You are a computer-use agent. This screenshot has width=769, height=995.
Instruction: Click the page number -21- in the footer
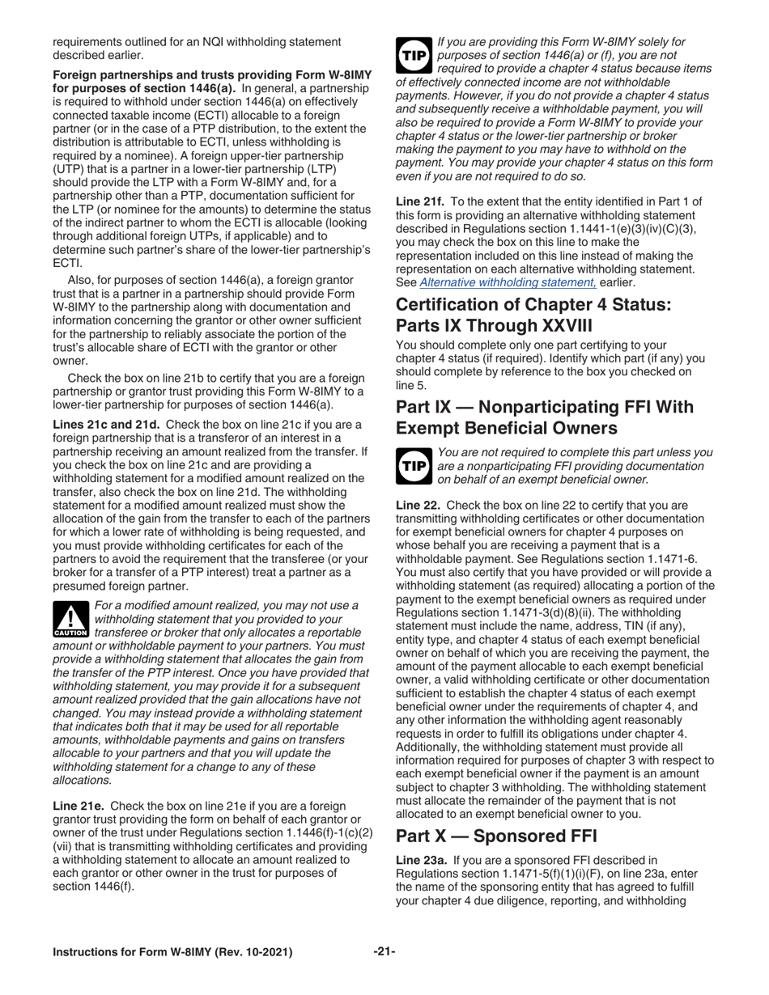384,952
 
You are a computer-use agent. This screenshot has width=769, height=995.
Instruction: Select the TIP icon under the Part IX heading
413,465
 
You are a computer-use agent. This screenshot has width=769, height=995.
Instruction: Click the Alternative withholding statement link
508,282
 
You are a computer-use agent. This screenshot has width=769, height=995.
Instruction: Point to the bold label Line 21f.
418,201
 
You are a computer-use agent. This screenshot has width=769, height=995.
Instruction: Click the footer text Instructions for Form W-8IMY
130,952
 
